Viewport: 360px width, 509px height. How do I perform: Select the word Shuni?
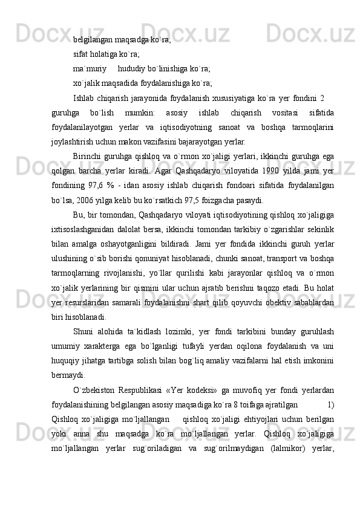click(83, 332)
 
